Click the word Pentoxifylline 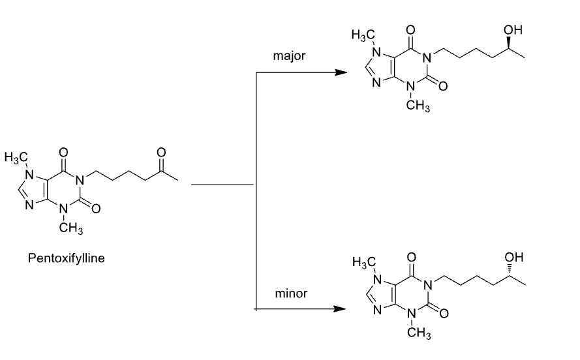[67, 258]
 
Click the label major [288, 57]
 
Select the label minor [291, 293]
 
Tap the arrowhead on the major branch [339, 72]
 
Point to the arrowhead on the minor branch [339, 308]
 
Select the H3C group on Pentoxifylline [16, 157]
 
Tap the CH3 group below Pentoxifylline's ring [69, 229]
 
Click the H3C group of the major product [361, 35]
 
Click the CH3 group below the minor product [416, 335]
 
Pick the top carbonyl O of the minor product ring [410, 259]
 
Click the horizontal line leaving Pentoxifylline [222, 185]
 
